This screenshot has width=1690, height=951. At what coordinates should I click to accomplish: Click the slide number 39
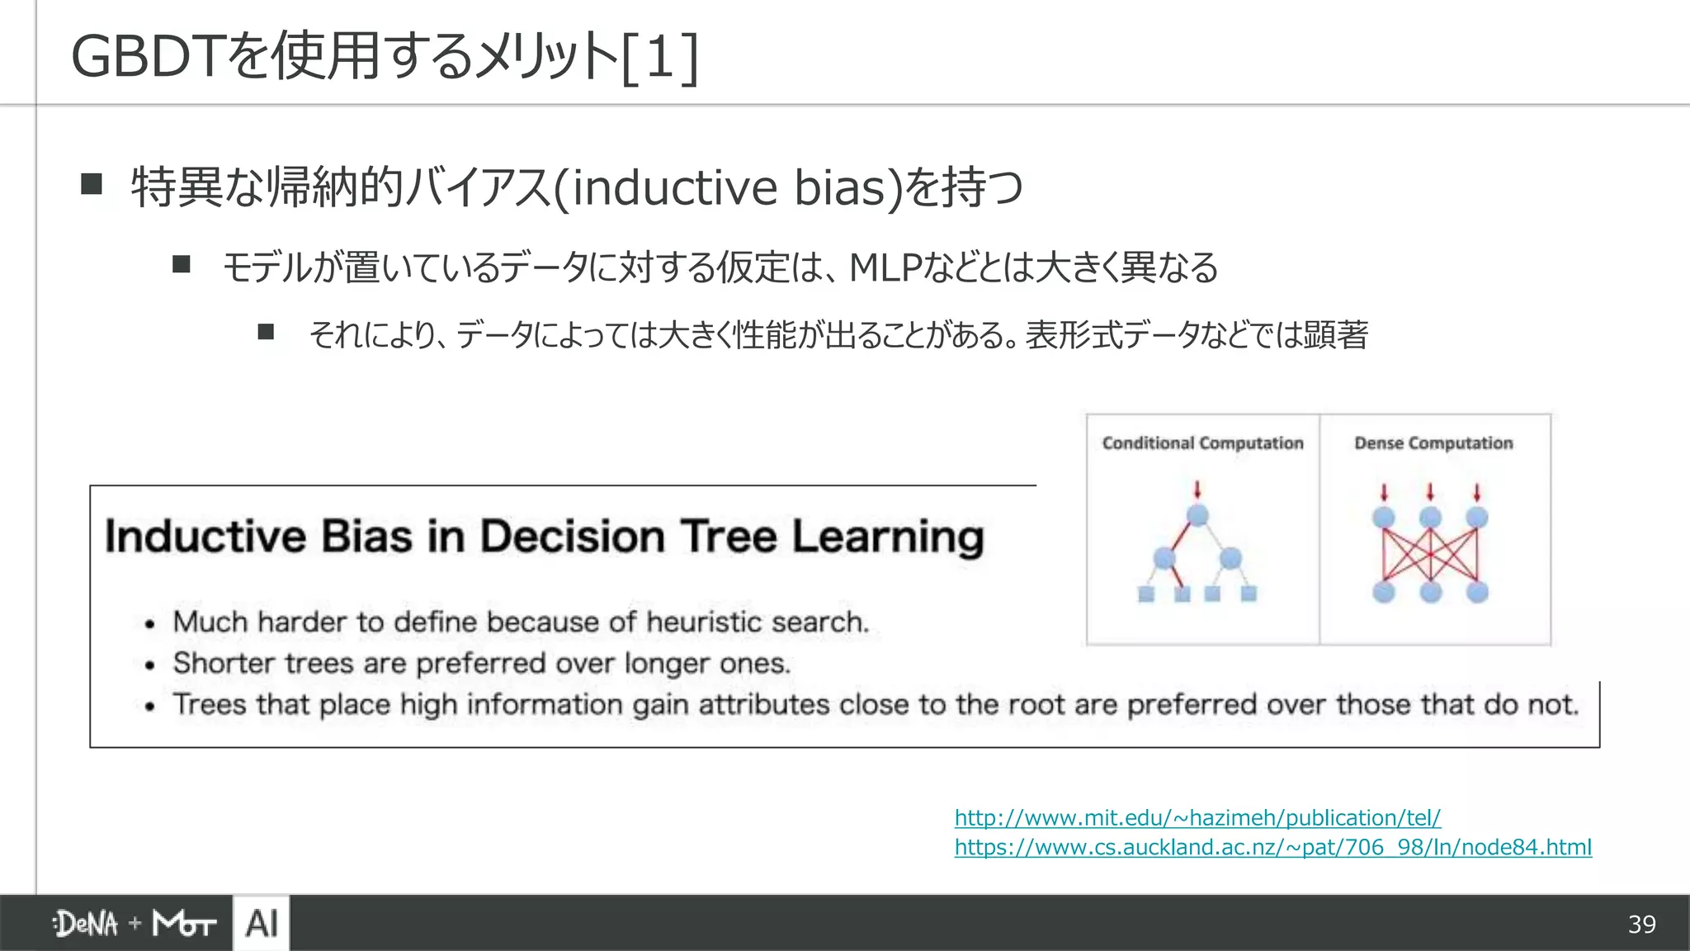(1641, 924)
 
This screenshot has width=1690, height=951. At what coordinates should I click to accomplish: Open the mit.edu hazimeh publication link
(1197, 818)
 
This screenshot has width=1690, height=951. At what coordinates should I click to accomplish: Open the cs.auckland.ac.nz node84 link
(1272, 848)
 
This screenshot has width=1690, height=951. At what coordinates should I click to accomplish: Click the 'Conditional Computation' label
(1202, 443)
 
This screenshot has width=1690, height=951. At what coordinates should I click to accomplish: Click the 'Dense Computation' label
(1433, 443)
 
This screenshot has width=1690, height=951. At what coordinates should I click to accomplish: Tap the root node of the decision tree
(1197, 516)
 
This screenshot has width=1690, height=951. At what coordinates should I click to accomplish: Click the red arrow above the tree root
(1197, 490)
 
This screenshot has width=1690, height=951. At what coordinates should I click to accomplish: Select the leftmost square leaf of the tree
(1146, 594)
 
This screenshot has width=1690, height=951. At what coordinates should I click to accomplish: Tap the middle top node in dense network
(1430, 518)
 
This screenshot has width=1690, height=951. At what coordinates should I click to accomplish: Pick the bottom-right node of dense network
(1477, 592)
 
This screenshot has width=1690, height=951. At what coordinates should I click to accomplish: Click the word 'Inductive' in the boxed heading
(205, 537)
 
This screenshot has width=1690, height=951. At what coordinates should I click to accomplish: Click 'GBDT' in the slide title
(147, 57)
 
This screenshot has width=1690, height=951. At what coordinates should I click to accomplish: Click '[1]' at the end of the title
(660, 57)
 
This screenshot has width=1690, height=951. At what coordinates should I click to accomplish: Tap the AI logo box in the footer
(262, 923)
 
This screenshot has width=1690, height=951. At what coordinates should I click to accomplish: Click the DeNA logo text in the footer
(87, 924)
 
